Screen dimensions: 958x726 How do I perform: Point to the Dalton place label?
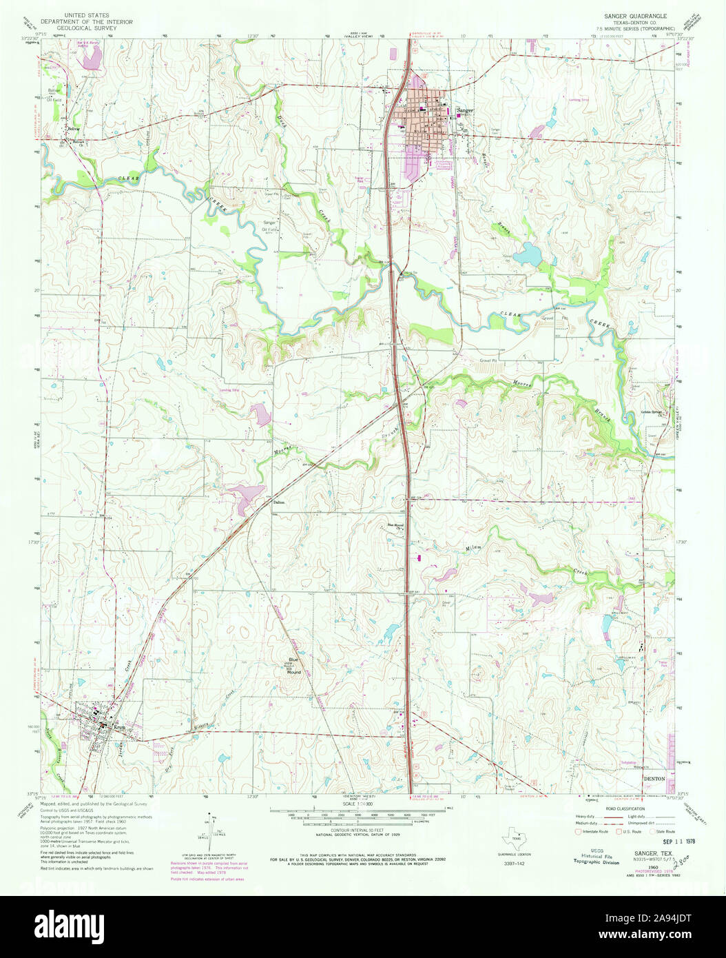(279, 502)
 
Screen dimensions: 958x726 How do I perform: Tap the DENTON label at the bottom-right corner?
(654, 777)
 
